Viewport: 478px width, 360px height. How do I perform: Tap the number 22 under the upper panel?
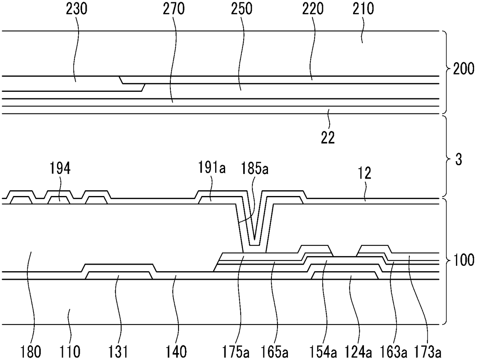tap(328, 138)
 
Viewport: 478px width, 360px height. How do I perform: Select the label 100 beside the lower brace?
tap(463, 260)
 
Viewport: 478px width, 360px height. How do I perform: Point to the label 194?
tap(60, 169)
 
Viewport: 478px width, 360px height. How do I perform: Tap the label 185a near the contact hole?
tap(253, 169)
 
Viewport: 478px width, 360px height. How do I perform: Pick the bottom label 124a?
tap(360, 352)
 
